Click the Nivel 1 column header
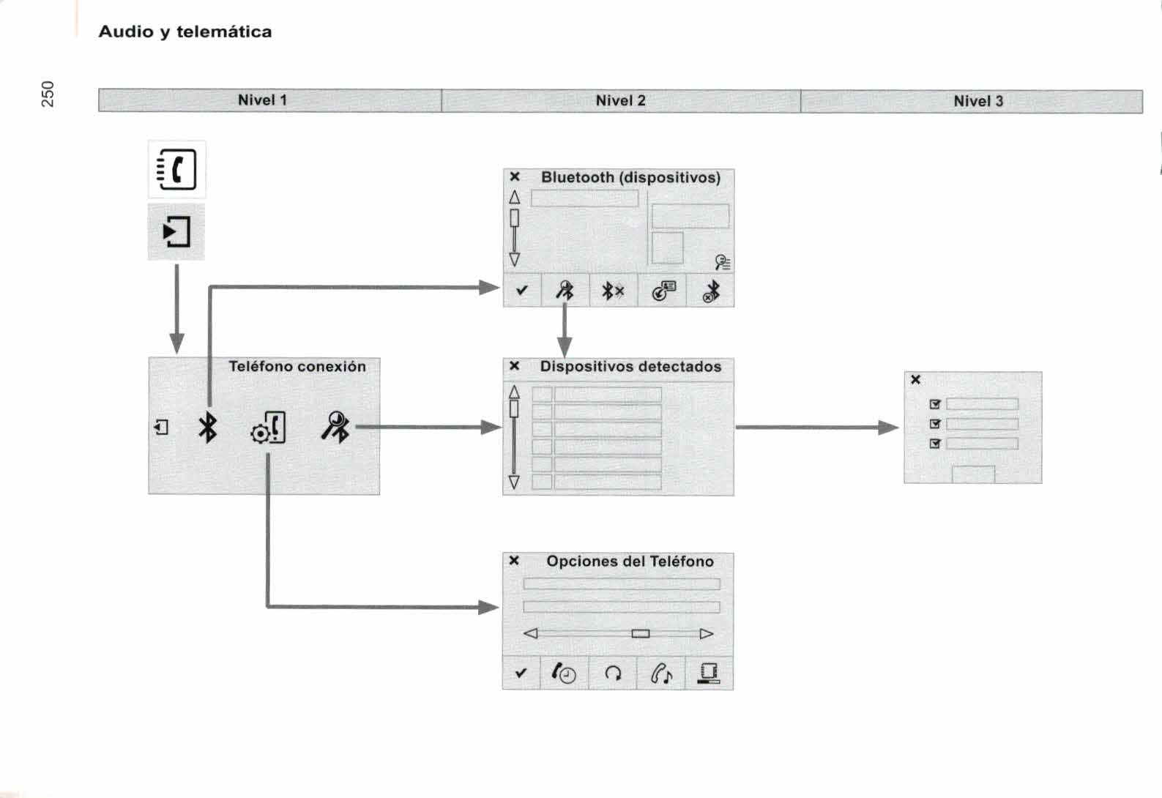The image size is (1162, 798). (262, 100)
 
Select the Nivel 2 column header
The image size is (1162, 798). (620, 101)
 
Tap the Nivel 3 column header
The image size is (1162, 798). (977, 102)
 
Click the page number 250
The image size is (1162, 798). (48, 94)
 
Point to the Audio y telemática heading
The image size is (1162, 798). (185, 32)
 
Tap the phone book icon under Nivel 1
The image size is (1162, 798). (177, 170)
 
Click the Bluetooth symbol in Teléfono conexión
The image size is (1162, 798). (208, 427)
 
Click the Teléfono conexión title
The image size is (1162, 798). (297, 367)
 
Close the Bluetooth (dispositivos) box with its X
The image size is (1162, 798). (515, 177)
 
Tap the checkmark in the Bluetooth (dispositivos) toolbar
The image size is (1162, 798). (521, 291)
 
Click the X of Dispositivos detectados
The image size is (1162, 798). (515, 366)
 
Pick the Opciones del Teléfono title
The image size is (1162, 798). (630, 562)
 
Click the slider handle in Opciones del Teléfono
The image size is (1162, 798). (641, 633)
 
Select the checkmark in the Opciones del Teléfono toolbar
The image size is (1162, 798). (521, 673)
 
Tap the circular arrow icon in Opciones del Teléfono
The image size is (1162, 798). (613, 674)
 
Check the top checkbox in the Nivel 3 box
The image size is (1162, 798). (934, 404)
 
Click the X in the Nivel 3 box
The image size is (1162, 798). (915, 379)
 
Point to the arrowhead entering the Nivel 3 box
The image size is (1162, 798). (889, 428)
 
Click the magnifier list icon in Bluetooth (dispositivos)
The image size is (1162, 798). (722, 261)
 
